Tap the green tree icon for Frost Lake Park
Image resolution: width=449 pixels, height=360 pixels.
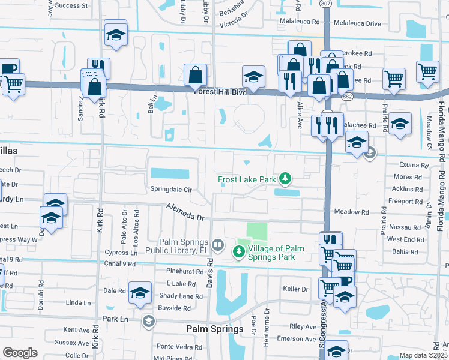(x=286, y=178)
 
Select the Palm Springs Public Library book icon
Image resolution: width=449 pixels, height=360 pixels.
(x=218, y=245)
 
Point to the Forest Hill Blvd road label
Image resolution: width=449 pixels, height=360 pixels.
(x=220, y=92)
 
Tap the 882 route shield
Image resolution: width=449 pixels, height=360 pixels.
(x=349, y=95)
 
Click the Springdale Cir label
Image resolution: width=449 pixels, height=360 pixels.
(x=170, y=189)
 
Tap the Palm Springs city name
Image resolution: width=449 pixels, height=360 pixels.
(x=214, y=329)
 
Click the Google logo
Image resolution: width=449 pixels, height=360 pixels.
(x=20, y=353)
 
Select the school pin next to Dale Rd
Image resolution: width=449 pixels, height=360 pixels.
(x=140, y=293)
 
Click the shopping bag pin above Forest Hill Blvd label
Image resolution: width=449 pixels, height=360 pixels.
(x=196, y=76)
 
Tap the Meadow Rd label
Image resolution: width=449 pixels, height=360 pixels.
(x=351, y=212)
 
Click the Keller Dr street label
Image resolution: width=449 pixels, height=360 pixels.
(x=295, y=289)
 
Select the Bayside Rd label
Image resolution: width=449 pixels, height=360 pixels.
(x=174, y=308)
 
